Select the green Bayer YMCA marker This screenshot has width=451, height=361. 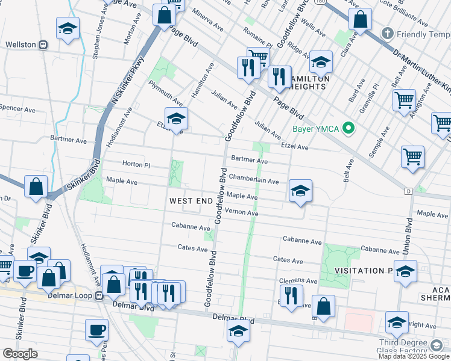point(347,128)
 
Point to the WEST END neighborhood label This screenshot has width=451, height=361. point(191,201)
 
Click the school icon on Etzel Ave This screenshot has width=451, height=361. point(176,119)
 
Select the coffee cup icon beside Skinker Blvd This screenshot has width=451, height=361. point(25,271)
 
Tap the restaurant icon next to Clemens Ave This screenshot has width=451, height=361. point(291,295)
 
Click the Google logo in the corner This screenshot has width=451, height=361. point(20,353)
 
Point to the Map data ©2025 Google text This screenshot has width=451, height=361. point(414,356)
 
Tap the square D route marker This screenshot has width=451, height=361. point(408,191)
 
